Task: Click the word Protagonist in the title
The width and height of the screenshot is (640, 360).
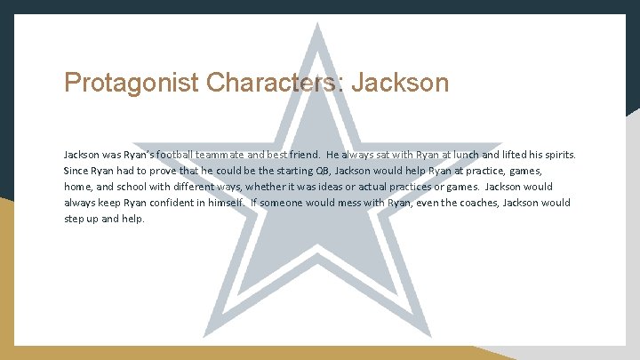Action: coord(132,84)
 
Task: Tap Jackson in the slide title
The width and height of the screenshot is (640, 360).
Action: coord(401,84)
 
